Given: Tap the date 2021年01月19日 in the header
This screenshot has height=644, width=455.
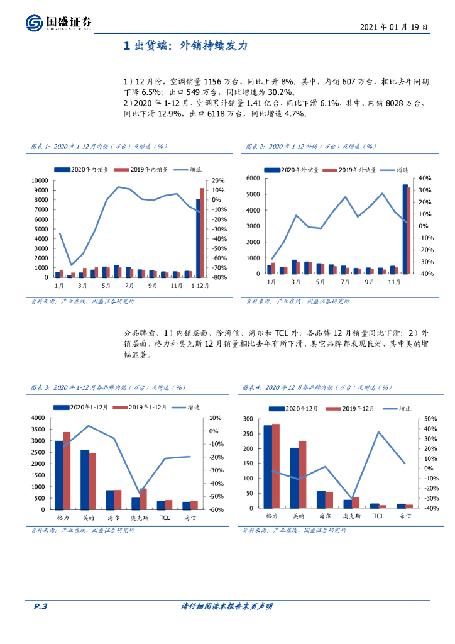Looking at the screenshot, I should click(394, 27).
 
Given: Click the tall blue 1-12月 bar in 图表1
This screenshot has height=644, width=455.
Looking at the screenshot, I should click(199, 238).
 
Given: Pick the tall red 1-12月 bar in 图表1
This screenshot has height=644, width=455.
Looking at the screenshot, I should click(202, 232).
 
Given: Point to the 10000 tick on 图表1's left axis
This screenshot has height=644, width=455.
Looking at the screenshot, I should click(40, 180).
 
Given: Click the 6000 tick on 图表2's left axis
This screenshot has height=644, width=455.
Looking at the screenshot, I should click(253, 178).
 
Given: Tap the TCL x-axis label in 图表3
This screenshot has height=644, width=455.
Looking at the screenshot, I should click(165, 517).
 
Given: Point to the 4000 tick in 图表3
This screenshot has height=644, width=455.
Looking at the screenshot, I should click(38, 418).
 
